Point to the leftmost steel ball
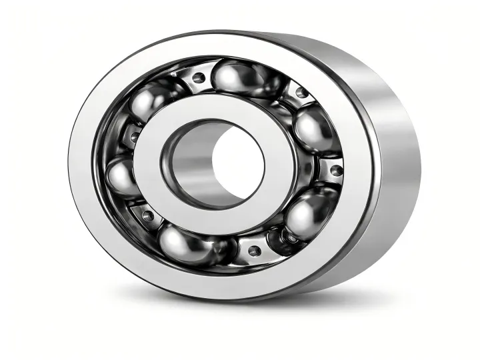tap(121, 177)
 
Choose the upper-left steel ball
tap(149, 101)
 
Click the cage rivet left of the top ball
tap(198, 78)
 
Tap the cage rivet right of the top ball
tap(302, 93)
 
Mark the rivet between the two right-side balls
tap(335, 170)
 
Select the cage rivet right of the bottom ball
tap(253, 251)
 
